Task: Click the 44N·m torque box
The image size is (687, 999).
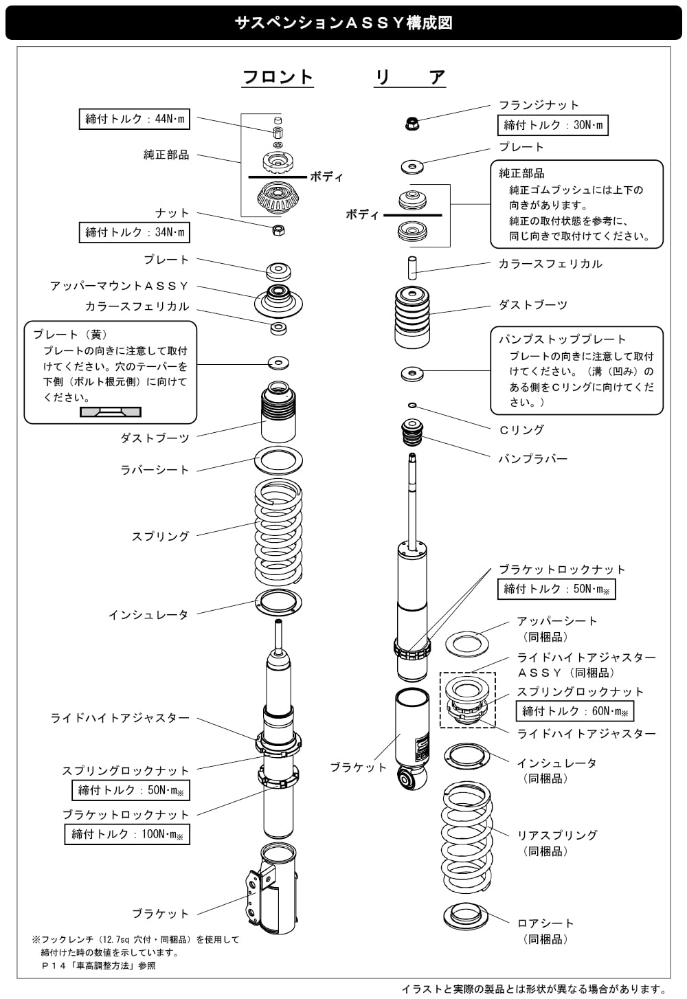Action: tap(134, 119)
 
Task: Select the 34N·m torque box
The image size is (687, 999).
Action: tap(134, 232)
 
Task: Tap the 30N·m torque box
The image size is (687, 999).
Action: tap(552, 125)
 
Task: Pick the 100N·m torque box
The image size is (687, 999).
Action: tap(127, 834)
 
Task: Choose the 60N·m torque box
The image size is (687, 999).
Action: tap(574, 711)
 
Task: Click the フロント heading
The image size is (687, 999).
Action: tap(278, 77)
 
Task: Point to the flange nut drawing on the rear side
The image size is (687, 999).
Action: tap(412, 123)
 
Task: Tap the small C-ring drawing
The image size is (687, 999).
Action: tap(412, 405)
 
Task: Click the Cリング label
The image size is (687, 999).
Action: tap(521, 430)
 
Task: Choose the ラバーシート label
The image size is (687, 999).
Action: tap(155, 470)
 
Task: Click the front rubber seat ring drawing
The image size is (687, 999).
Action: tap(279, 460)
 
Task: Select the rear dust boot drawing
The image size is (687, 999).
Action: tap(412, 317)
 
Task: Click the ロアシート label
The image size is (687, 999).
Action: tap(545, 923)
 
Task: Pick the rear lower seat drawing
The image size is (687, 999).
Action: tap(466, 917)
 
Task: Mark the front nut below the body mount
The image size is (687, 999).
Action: tap(278, 230)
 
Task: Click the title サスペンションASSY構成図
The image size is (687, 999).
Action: tap(343, 23)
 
